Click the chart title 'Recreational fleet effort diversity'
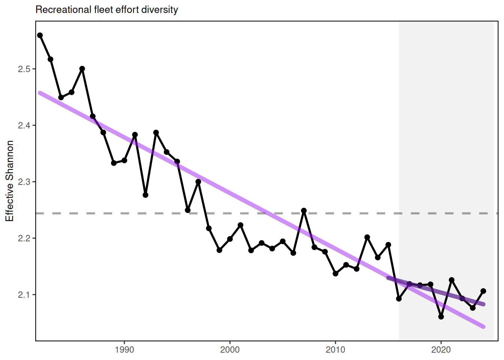(106, 10)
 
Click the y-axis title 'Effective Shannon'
(10, 181)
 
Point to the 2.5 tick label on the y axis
(24, 69)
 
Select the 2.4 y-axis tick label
(24, 125)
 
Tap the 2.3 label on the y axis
(24, 182)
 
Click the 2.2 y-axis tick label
(24, 238)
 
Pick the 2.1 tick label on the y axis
(24, 295)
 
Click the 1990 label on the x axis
(124, 350)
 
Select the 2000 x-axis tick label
(230, 350)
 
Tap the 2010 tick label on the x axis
(335, 350)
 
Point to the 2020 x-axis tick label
(441, 350)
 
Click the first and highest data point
(40, 35)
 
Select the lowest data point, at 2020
(441, 317)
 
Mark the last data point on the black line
(483, 291)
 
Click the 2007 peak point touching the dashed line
(304, 211)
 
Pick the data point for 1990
(124, 160)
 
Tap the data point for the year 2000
(230, 239)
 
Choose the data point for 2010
(336, 274)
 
